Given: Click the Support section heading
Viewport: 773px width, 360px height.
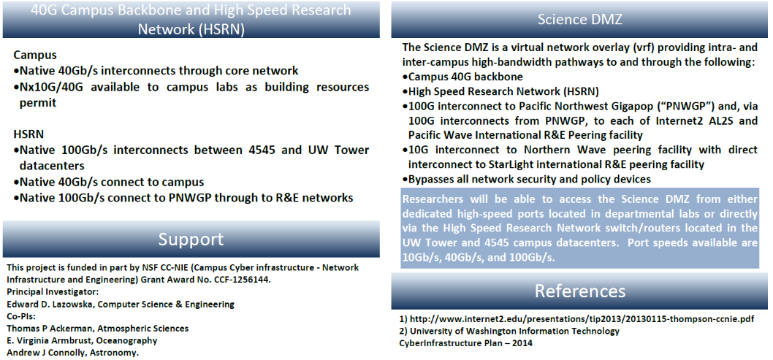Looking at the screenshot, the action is point(191,240).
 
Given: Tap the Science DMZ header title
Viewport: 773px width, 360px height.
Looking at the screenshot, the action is point(580,19).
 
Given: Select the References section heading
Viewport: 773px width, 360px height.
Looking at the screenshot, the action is point(580,291).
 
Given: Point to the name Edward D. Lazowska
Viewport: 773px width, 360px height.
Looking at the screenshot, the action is point(50,305).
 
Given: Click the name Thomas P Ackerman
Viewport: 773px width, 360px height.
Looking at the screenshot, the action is point(48,329).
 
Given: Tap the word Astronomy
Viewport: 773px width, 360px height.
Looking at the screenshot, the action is point(118,353).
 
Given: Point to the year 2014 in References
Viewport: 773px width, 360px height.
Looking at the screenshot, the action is point(522,343).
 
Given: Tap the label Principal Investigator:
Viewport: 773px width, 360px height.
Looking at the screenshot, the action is point(53,292).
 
